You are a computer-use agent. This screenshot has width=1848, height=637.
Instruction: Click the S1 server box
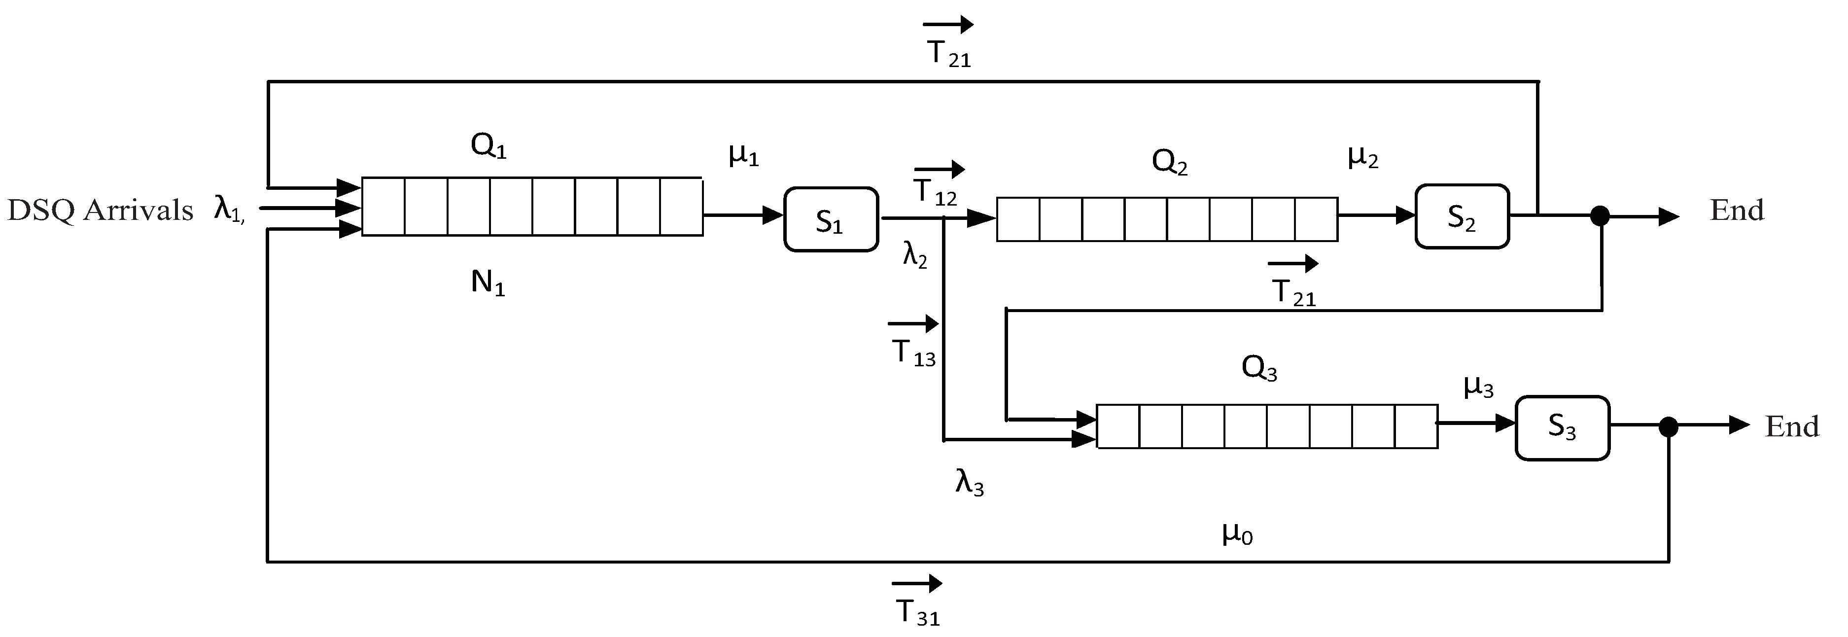point(830,219)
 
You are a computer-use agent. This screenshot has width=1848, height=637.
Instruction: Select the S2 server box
point(1462,216)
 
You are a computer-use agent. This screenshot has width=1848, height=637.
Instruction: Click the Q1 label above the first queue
point(488,146)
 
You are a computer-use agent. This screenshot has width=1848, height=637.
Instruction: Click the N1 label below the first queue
point(488,284)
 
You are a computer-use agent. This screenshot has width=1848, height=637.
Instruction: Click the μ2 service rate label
point(1363,157)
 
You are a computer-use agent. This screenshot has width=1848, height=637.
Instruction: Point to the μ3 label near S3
point(1478,388)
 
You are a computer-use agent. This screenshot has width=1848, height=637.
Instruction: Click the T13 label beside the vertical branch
point(913,353)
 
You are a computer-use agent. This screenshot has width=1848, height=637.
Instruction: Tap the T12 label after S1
point(935,191)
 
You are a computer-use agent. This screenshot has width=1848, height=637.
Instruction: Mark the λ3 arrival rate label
point(969,483)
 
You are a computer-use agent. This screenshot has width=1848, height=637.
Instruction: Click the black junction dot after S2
point(1601,215)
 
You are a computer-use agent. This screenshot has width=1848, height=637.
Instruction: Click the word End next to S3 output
point(1791,427)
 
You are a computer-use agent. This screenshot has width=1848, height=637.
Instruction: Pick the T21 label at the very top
point(948,54)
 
